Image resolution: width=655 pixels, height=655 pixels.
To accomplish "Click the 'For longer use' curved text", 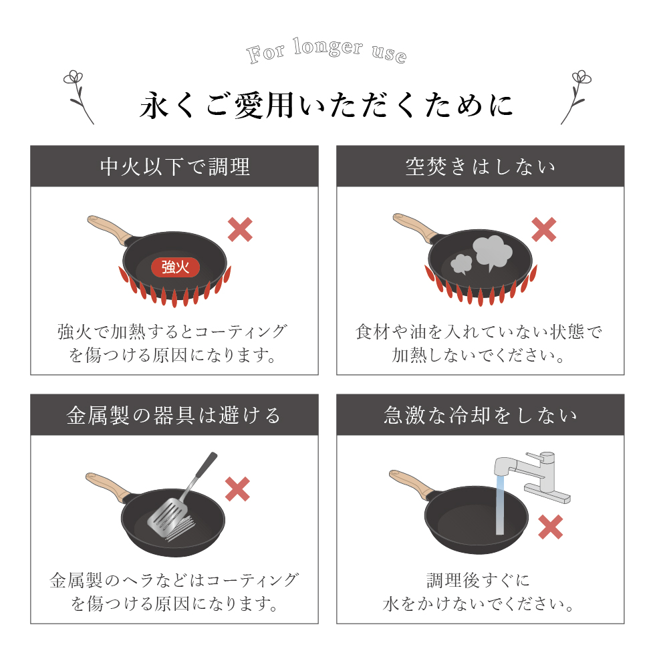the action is click(326, 51).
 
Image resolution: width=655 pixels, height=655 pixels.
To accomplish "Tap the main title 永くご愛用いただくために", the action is click(326, 105).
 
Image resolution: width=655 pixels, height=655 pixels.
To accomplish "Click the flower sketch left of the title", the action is click(79, 98).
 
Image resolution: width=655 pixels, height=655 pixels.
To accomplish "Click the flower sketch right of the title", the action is click(576, 98).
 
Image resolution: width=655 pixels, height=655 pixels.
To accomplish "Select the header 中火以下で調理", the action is click(174, 166).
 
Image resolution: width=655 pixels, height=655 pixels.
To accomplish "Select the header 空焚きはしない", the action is click(481, 166).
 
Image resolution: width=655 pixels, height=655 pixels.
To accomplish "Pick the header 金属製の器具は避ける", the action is click(174, 415).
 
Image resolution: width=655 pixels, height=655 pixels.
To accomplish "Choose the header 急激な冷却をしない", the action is click(481, 415).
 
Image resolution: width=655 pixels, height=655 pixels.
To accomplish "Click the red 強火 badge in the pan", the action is click(175, 267).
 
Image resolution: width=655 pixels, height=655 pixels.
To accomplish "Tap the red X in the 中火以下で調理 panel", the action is click(240, 229).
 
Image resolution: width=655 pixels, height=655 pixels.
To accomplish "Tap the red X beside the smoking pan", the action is click(544, 229).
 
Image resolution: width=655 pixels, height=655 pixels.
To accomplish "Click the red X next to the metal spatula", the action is click(237, 489).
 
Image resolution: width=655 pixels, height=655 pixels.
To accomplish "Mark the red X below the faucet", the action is click(551, 527).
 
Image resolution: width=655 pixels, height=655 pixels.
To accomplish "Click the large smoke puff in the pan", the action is click(493, 253).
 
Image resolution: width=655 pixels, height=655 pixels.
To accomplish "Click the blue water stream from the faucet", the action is click(500, 505).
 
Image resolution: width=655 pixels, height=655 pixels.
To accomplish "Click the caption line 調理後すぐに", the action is click(479, 580).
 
